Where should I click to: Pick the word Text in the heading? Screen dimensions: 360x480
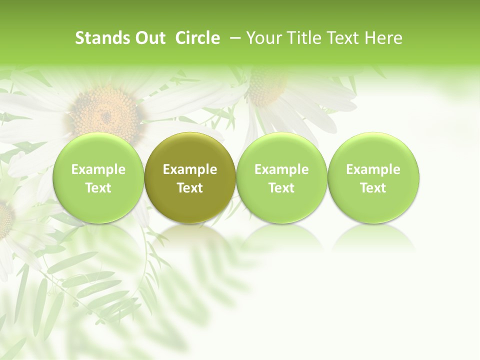[x=340, y=38]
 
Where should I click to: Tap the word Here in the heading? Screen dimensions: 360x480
[x=383, y=38]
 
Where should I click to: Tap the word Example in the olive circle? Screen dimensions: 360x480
[x=190, y=169]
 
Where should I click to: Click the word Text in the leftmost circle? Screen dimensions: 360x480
[x=98, y=188]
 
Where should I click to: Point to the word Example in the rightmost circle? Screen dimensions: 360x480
[x=373, y=169]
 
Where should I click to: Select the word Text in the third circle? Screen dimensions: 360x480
[x=281, y=188]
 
